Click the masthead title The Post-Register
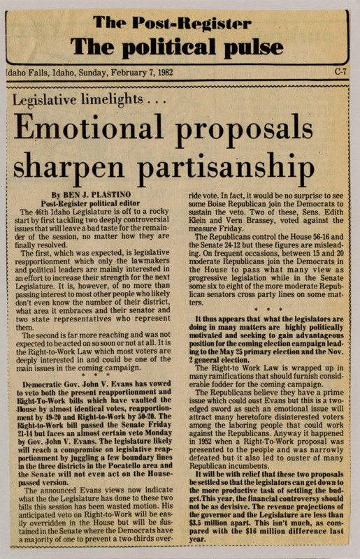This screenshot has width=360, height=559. click(180, 23)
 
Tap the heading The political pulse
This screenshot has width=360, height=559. click(180, 46)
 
